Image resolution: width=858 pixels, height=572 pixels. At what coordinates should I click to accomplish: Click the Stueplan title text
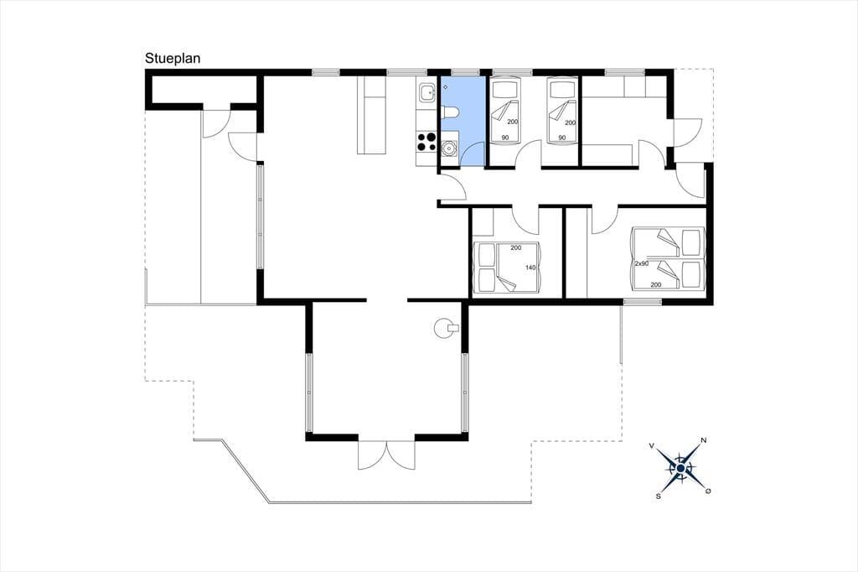[173, 59]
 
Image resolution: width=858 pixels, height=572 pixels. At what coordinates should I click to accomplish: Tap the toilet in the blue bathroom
[450, 113]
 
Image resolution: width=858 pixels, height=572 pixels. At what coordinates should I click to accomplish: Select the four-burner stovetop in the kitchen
[426, 142]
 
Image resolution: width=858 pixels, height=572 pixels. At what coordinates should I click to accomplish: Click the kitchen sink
[426, 94]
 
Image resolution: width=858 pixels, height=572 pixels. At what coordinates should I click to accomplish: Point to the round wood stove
[444, 328]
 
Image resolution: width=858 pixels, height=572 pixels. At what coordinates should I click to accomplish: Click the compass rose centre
[680, 469]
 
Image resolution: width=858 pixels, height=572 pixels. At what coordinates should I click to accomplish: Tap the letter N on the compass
[704, 440]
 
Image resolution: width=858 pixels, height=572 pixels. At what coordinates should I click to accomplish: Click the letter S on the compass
[659, 496]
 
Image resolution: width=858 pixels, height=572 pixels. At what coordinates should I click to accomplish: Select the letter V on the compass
[652, 446]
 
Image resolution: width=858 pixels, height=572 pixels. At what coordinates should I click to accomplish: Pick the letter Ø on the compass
[708, 491]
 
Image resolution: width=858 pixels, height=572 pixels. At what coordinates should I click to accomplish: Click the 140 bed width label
[530, 268]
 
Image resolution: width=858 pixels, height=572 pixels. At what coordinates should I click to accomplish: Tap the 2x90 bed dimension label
[641, 263]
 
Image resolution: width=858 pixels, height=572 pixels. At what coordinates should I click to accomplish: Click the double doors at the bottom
[386, 455]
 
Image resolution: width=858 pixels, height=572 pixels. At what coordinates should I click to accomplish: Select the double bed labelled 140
[509, 266]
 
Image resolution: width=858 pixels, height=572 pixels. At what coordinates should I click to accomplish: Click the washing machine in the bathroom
[449, 148]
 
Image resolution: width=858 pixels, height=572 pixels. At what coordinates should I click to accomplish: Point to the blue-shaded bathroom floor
[463, 121]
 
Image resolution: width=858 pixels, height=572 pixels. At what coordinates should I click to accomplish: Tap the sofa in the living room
[372, 115]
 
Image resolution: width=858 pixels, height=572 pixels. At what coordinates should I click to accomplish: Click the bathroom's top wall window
[465, 72]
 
